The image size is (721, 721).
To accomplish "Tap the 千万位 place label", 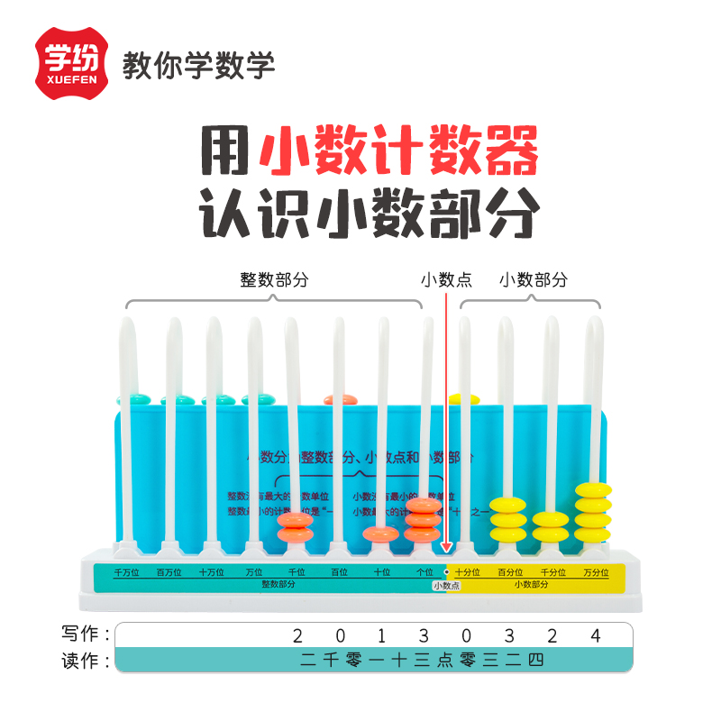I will pos(125,572).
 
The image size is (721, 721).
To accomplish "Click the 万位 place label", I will pos(254,572).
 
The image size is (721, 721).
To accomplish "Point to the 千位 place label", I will pos(297,572).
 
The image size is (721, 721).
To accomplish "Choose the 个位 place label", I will pos(424,572).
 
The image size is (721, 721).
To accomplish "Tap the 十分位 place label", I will pos(467,572).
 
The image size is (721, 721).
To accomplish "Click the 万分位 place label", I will pos(595,572).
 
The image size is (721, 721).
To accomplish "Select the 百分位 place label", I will pos(510,572).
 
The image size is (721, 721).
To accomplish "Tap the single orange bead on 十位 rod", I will pos(380,534).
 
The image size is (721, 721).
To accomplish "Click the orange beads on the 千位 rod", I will pos(295,527).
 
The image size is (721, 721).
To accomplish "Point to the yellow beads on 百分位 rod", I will pos(507,519).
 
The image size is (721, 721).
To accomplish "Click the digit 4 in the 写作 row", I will pos(595,635).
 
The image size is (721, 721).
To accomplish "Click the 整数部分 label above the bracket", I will pos(274,279).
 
